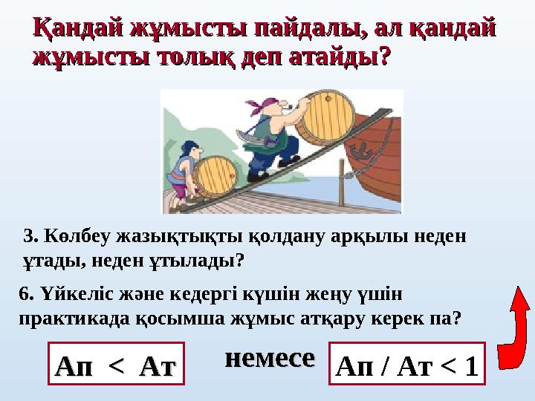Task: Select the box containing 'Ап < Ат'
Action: (115, 364)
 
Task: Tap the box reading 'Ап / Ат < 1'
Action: (406, 364)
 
